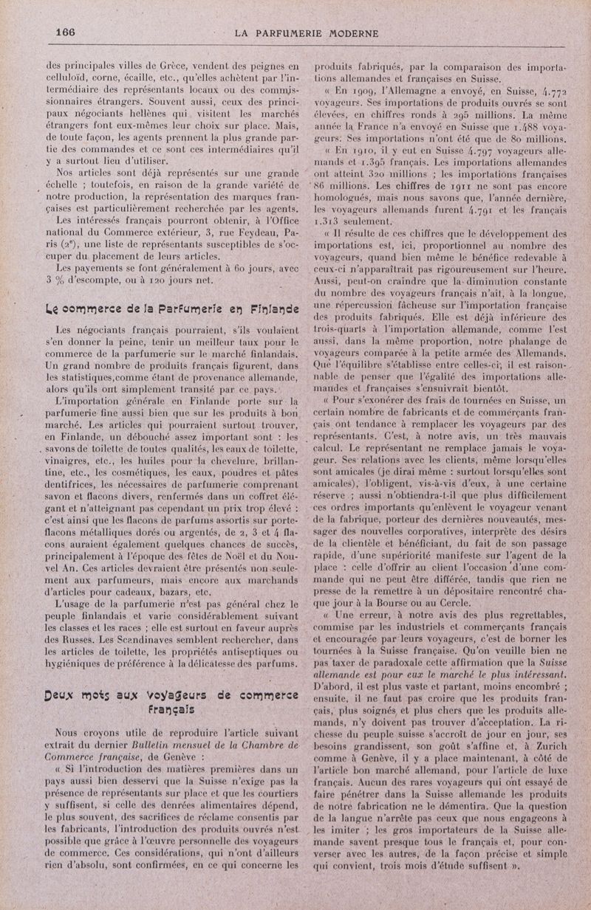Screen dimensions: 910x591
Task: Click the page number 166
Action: pyautogui.click(x=66, y=32)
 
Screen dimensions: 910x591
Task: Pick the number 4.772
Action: pyautogui.click(x=549, y=94)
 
